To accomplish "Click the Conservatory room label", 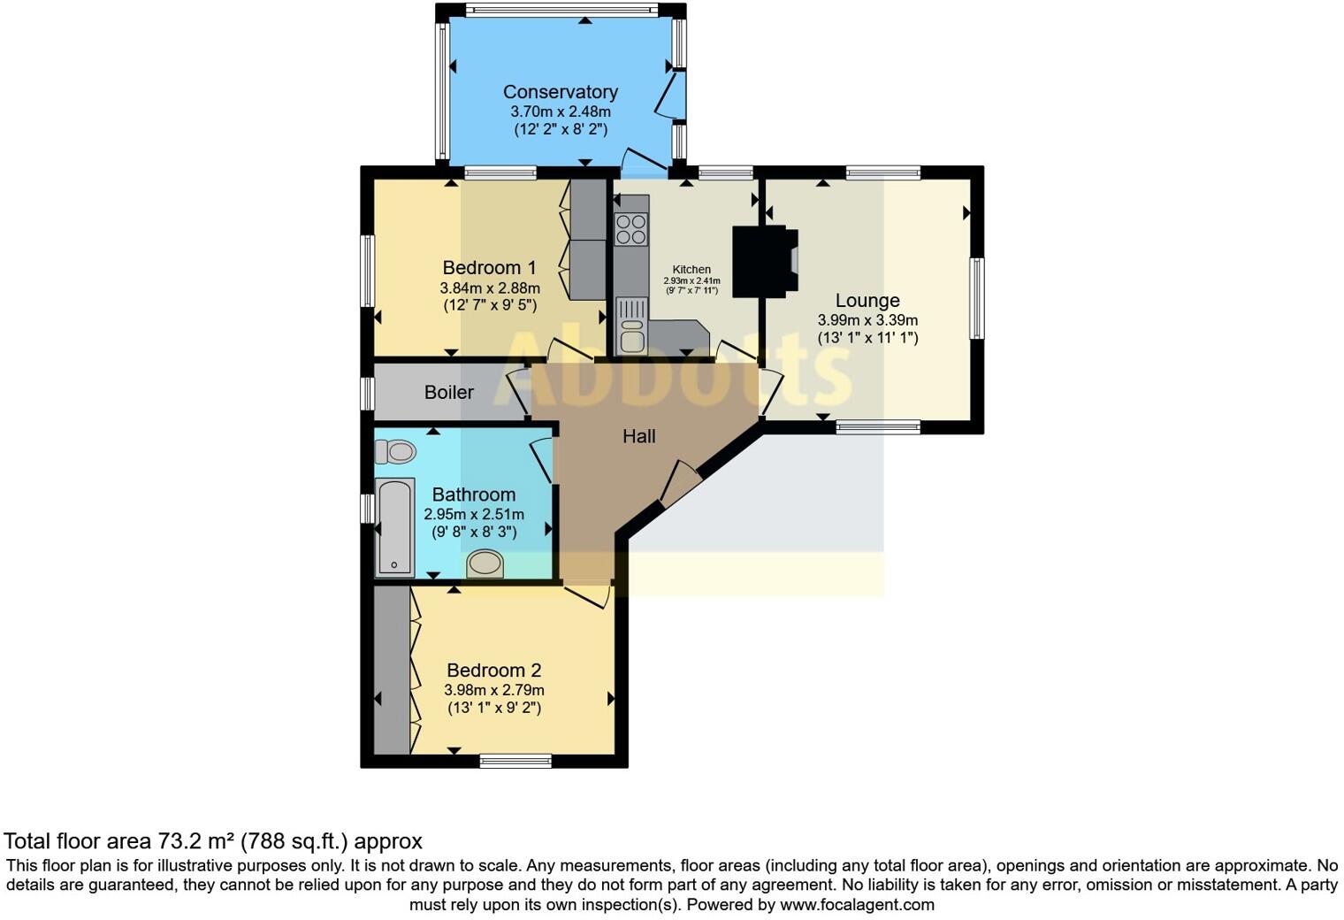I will pyautogui.click(x=560, y=92).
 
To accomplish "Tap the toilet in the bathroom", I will pyautogui.click(x=394, y=452).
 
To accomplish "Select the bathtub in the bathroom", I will pyautogui.click(x=394, y=526).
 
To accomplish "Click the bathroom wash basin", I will pyautogui.click(x=485, y=563).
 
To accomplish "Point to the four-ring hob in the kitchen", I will pyautogui.click(x=631, y=229).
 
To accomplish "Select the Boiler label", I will pyautogui.click(x=448, y=392).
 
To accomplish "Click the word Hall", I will pyautogui.click(x=638, y=436).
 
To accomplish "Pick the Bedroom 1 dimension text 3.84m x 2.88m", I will pyautogui.click(x=489, y=288).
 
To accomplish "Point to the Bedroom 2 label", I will pyautogui.click(x=493, y=671).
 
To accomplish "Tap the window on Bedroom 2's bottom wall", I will pyautogui.click(x=515, y=760).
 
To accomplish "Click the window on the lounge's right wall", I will pyautogui.click(x=976, y=298).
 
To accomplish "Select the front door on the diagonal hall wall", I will pyautogui.click(x=679, y=484).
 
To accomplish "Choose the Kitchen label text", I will pyautogui.click(x=691, y=270).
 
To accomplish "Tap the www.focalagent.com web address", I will pyautogui.click(x=856, y=905).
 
